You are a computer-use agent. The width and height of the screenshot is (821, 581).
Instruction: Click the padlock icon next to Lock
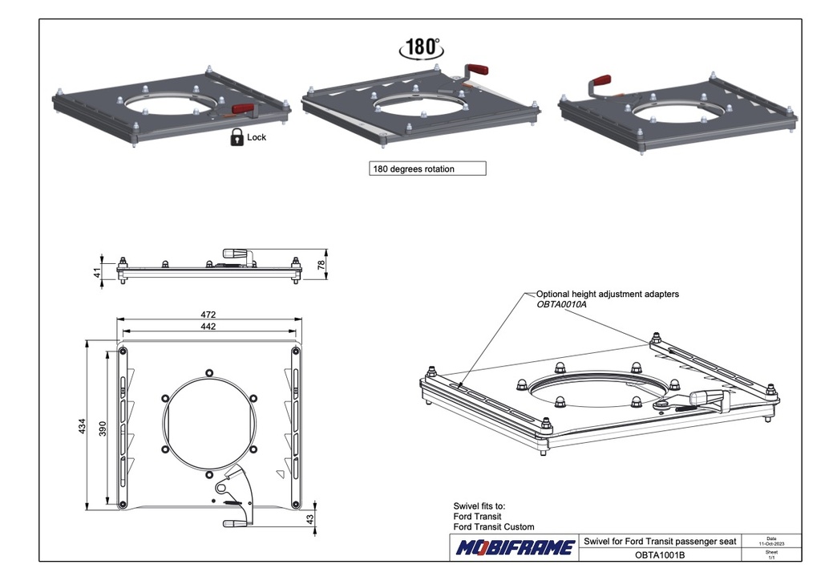point(237,137)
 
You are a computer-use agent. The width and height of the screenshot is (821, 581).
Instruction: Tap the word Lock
point(257,137)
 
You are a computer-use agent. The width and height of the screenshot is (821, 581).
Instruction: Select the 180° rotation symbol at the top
point(421,47)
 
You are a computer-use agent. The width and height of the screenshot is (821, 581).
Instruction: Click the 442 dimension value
point(208,327)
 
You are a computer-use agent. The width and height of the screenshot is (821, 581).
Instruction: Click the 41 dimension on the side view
point(99,274)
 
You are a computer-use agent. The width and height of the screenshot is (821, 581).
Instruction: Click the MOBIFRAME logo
point(516,548)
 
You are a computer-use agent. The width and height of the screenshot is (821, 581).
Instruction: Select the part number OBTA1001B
point(660,555)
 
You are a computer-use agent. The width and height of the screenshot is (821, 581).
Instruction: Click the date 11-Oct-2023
point(771,543)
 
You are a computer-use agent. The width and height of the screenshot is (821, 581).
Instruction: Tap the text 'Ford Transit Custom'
point(494,527)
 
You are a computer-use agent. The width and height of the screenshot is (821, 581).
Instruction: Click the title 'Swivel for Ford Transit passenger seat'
point(660,542)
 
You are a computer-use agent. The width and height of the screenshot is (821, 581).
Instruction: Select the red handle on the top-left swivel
point(243,108)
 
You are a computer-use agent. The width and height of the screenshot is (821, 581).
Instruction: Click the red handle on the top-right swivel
point(601,82)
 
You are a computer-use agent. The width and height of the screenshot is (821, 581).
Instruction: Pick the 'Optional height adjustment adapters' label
point(607,295)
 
